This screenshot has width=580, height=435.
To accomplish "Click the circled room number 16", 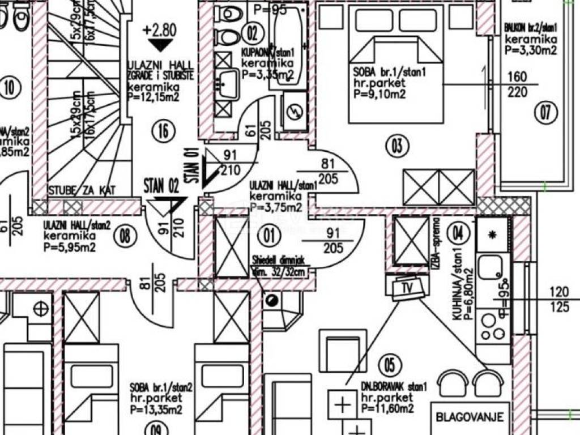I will click(x=163, y=131).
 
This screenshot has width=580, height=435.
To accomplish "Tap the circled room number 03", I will click(x=397, y=146).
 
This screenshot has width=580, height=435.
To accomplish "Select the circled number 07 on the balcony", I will click(x=544, y=113).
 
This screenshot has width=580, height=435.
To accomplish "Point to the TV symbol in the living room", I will click(x=407, y=287).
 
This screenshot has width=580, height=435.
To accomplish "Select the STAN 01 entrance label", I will click(x=193, y=165).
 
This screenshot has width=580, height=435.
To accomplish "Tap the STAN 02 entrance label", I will click(x=161, y=185).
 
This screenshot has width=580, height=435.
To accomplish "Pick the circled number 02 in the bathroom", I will click(x=249, y=32).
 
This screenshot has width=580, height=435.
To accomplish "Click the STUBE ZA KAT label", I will click(x=82, y=191).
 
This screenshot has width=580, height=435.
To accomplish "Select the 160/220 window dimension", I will click(x=517, y=85).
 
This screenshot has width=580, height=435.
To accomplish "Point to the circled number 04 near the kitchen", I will click(x=458, y=232).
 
